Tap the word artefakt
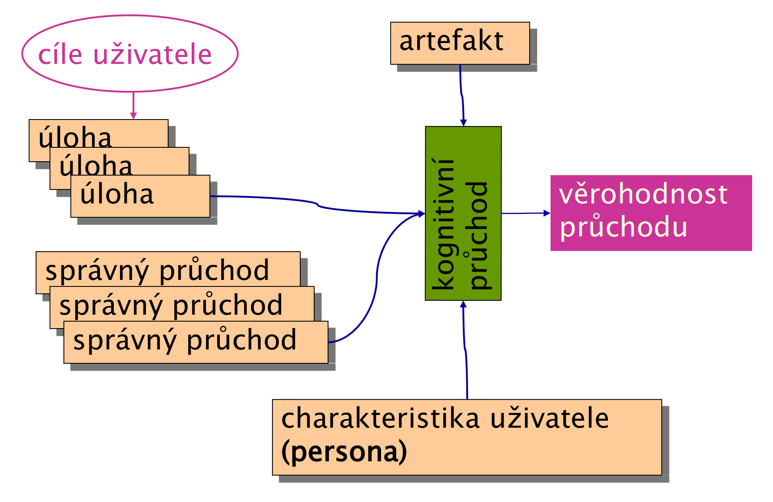click(x=451, y=41)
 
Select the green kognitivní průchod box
click(x=463, y=213)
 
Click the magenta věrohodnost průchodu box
click(x=651, y=213)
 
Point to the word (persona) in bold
click(x=344, y=452)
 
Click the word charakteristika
click(x=380, y=418)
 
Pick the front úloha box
click(x=140, y=196)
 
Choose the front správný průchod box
click(x=196, y=342)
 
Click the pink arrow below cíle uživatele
click(x=133, y=105)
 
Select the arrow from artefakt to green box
click(x=462, y=96)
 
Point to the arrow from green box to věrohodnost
click(x=526, y=213)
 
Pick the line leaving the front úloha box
click(x=317, y=204)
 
